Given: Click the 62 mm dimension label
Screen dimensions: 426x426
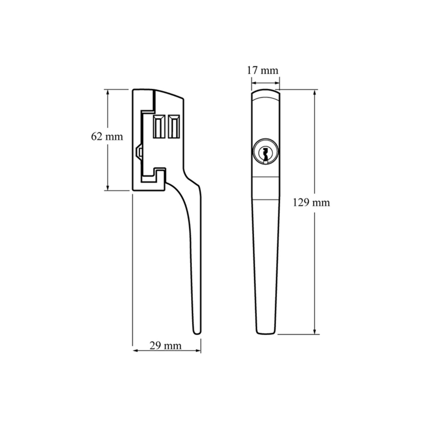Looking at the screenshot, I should coord(107,136).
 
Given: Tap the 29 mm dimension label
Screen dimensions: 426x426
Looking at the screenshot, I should coord(165,345).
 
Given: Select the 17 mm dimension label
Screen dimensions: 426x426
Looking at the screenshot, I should coord(262,70).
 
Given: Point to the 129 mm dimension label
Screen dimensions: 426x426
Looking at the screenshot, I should coord(311,203).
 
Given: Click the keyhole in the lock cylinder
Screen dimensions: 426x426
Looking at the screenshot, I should coord(265,154).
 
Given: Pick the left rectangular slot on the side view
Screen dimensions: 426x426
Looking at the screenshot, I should coord(158,126).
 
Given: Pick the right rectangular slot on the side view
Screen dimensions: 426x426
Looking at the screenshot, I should coord(173,126).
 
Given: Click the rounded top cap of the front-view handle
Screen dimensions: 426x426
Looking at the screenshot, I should coord(265,94).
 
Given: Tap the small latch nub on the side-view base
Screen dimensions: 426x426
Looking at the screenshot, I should coord(138,152).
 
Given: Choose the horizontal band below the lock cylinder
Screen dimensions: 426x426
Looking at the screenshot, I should coord(265,188).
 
